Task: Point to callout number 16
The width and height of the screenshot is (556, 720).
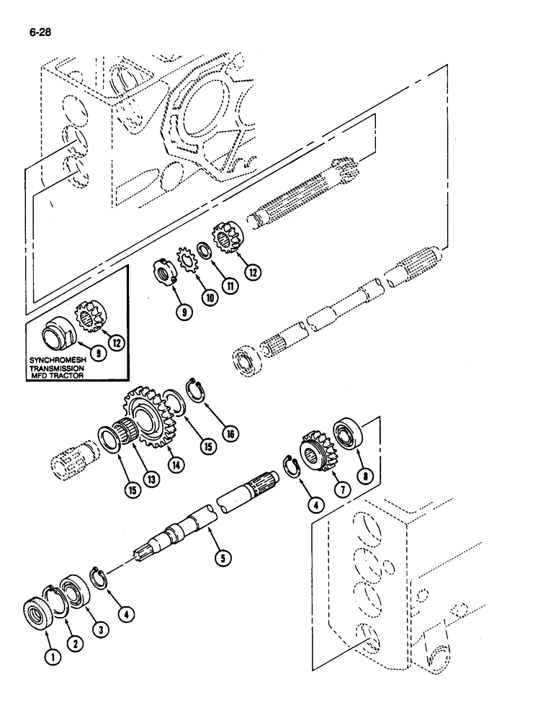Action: tap(230, 433)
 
